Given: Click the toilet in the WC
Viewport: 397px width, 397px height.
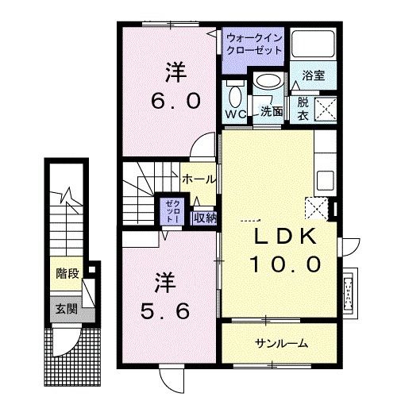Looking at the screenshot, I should (235, 96).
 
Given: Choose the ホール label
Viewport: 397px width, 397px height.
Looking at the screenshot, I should (197, 179).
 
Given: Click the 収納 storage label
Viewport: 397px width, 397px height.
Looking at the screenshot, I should (204, 216).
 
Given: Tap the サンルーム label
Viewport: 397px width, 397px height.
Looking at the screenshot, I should (280, 343).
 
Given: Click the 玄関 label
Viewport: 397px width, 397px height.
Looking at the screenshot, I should (66, 309).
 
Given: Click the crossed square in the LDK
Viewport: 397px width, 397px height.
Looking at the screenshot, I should (318, 209).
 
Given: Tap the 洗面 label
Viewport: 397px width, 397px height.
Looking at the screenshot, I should (272, 112).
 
